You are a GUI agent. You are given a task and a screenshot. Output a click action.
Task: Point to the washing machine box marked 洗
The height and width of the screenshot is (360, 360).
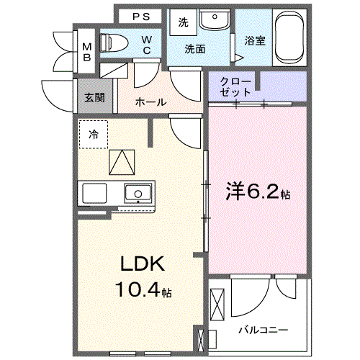183,22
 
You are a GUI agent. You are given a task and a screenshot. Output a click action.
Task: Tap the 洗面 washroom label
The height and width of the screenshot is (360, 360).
194,49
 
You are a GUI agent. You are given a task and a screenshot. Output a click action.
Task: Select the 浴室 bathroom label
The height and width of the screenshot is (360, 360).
255,41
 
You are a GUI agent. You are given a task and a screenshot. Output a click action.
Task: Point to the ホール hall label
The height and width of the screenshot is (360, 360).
150,102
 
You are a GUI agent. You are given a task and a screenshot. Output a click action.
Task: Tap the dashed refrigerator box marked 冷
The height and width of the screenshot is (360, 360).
94,134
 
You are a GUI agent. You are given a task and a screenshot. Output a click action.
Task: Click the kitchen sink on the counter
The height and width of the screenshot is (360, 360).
137,193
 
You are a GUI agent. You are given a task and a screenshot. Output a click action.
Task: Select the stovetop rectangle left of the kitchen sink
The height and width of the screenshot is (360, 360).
95,193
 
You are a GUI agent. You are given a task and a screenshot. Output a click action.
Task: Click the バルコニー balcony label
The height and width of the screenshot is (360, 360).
264,329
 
